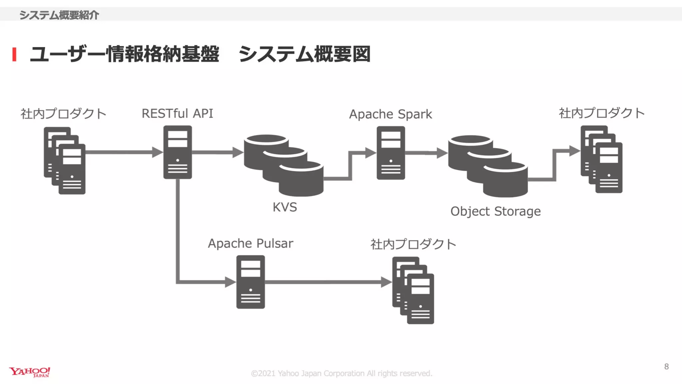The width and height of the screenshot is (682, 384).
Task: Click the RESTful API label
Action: click(177, 113)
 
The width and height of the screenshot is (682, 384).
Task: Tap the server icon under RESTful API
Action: click(177, 152)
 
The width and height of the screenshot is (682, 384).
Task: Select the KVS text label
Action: click(285, 207)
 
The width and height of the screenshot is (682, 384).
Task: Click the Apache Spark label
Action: click(390, 114)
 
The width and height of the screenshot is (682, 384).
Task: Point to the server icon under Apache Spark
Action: click(391, 153)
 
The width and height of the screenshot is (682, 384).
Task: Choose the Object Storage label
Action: click(495, 211)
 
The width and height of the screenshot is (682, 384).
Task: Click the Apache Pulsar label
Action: click(250, 243)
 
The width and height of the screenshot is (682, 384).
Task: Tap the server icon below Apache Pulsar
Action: click(250, 282)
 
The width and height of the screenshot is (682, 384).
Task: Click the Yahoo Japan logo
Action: click(30, 372)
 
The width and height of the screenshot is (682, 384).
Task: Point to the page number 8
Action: click(666, 367)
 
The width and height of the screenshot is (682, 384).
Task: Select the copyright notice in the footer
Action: click(341, 373)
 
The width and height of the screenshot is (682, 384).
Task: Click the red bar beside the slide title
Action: click(14, 54)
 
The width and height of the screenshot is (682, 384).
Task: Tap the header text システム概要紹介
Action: click(59, 15)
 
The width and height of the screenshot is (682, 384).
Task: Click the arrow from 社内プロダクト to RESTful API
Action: click(123, 152)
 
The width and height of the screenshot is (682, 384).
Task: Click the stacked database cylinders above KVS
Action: click(283, 165)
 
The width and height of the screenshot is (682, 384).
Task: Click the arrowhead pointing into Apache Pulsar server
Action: click(230, 282)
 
